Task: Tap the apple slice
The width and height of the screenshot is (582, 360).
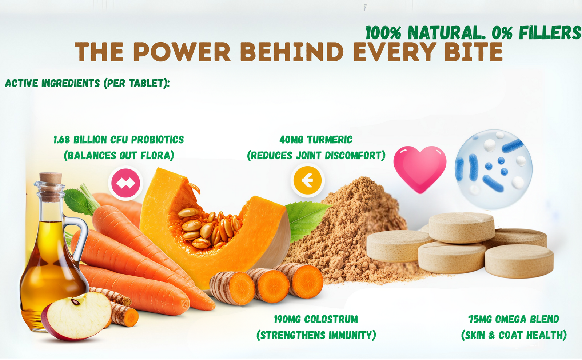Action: [77, 316]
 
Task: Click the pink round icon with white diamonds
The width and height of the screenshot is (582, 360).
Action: [125, 183]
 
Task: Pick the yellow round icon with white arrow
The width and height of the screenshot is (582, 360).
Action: [307, 180]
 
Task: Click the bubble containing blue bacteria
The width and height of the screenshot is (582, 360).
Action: [493, 169]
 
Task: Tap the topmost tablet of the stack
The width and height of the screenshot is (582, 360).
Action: [462, 228]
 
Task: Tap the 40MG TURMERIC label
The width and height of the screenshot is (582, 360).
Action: [316, 140]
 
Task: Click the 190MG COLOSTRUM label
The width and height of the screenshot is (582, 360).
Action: [316, 319]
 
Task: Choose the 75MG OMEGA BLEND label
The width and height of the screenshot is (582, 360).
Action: [514, 319]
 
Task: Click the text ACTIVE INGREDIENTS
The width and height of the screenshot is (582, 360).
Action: [52, 83]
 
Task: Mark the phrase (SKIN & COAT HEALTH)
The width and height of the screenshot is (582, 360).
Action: [514, 335]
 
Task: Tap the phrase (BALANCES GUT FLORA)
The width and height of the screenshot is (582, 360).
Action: [119, 155]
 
